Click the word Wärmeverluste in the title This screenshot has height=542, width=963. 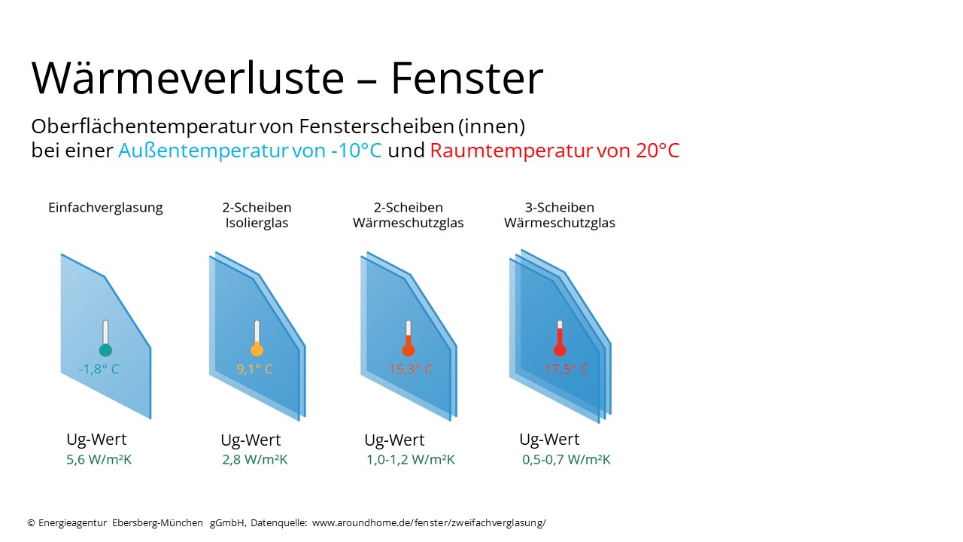(188, 78)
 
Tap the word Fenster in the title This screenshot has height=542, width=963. (467, 78)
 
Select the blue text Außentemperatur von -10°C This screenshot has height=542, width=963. (250, 151)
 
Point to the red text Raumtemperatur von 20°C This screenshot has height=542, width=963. (554, 151)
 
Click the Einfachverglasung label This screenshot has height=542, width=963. (105, 208)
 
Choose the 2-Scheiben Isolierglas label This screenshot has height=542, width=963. (257, 215)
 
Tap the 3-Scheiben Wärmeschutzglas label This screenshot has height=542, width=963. (559, 215)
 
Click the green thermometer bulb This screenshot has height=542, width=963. (105, 350)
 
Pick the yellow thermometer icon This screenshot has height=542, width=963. (257, 338)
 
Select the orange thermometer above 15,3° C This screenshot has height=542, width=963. (408, 338)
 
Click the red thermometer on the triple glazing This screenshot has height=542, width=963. (559, 338)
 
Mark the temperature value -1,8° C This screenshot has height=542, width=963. (99, 369)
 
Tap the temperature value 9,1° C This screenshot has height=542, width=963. (254, 369)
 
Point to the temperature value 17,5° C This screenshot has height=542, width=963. (566, 369)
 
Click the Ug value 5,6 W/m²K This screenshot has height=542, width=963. (99, 459)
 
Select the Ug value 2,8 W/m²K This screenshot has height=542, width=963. (254, 459)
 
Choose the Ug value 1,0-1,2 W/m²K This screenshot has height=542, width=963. (411, 459)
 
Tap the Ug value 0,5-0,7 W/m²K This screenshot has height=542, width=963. (567, 459)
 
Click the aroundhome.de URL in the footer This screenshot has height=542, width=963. (429, 523)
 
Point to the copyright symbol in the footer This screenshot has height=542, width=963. (31, 523)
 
